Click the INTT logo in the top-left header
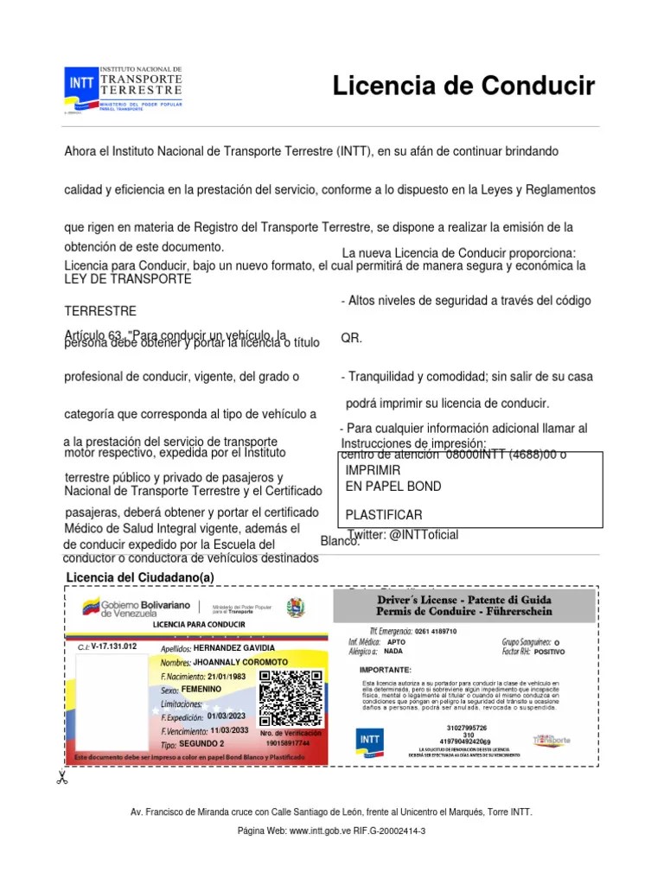82,85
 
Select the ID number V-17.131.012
108,646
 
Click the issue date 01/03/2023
227,716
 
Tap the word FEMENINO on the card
201,690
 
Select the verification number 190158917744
288,743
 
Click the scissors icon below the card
61,778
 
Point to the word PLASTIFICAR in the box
384,515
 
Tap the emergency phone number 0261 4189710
436,632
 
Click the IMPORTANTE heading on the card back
387,670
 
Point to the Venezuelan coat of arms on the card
297,608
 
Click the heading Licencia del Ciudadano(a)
139,577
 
